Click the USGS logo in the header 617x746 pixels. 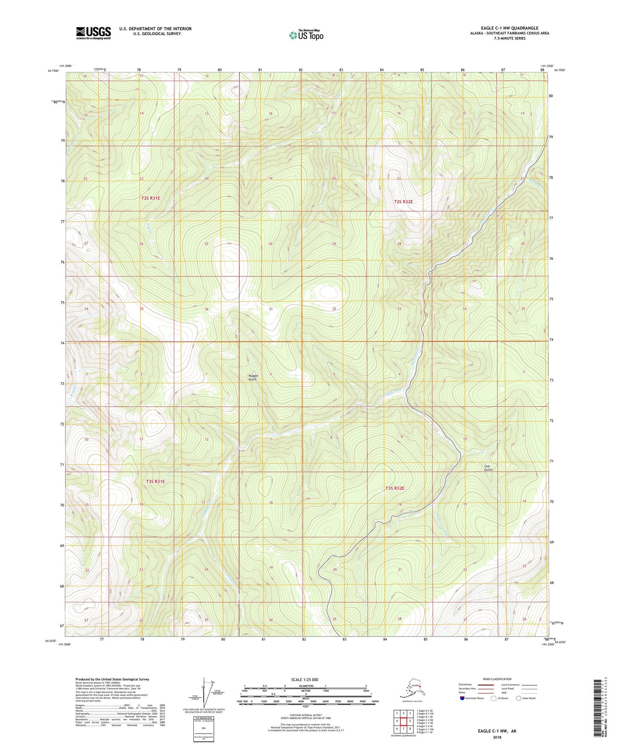pos(94,33)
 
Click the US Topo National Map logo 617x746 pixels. pos(306,35)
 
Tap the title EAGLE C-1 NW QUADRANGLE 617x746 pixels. pos(509,28)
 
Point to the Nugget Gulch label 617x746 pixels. pos(253,377)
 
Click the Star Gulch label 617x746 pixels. pos(488,468)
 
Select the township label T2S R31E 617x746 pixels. pos(151,198)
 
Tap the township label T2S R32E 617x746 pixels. pos(403,201)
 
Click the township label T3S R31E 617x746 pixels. pos(155,481)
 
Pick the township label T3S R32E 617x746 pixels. pos(395,488)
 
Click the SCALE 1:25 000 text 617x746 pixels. pos(304,679)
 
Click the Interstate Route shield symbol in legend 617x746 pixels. pos(462,699)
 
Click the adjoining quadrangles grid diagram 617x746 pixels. pos(403,722)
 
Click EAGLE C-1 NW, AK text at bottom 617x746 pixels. pos(497,731)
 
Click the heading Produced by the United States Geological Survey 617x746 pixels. pos(112,679)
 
